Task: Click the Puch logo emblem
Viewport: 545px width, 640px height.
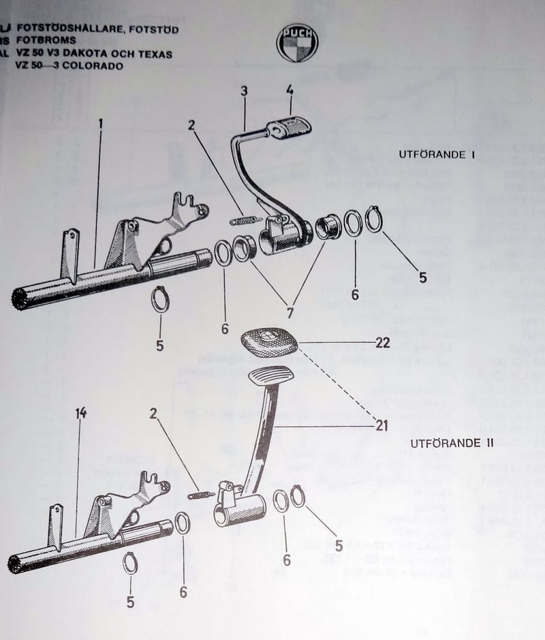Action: coord(297,43)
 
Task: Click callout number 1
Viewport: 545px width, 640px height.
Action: coord(100,125)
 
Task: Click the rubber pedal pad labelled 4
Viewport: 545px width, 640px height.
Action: coord(289,128)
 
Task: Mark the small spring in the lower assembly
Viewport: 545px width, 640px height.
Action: coord(201,495)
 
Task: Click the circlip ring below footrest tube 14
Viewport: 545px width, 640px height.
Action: coord(130,564)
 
